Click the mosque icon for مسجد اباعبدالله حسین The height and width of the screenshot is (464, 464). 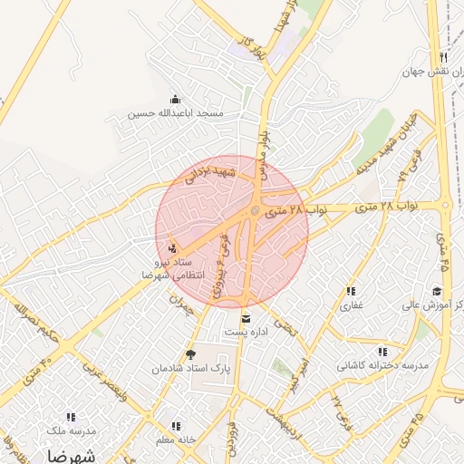click(x=174, y=99)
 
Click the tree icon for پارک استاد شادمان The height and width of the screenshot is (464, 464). click(x=189, y=354)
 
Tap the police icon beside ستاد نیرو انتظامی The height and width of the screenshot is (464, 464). click(x=173, y=247)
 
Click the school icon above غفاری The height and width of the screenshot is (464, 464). click(x=350, y=291)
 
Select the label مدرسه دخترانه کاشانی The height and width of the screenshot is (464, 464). click(x=382, y=365)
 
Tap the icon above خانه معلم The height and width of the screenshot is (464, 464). click(x=175, y=425)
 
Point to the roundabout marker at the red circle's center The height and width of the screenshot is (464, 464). click(x=256, y=212)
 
